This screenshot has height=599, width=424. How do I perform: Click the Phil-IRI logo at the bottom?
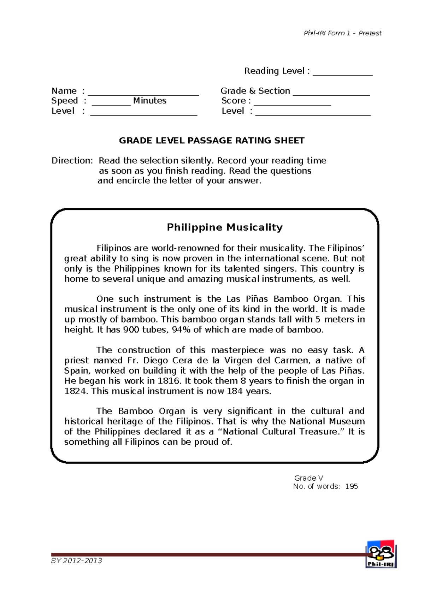[381, 553]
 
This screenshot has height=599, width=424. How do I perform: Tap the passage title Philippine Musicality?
[224, 227]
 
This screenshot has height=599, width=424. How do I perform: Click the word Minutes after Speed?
[149, 101]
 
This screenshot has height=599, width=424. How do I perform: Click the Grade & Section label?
[255, 91]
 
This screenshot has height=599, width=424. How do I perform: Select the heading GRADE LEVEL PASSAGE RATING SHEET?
[211, 141]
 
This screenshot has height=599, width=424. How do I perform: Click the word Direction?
[72, 161]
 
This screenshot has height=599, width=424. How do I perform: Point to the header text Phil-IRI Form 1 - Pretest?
[342, 33]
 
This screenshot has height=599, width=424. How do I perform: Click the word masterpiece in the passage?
[237, 350]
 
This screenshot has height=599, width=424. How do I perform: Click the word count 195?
[352, 486]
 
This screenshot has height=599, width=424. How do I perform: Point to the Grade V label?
[308, 478]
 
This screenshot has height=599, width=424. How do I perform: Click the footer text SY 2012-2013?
[77, 561]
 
